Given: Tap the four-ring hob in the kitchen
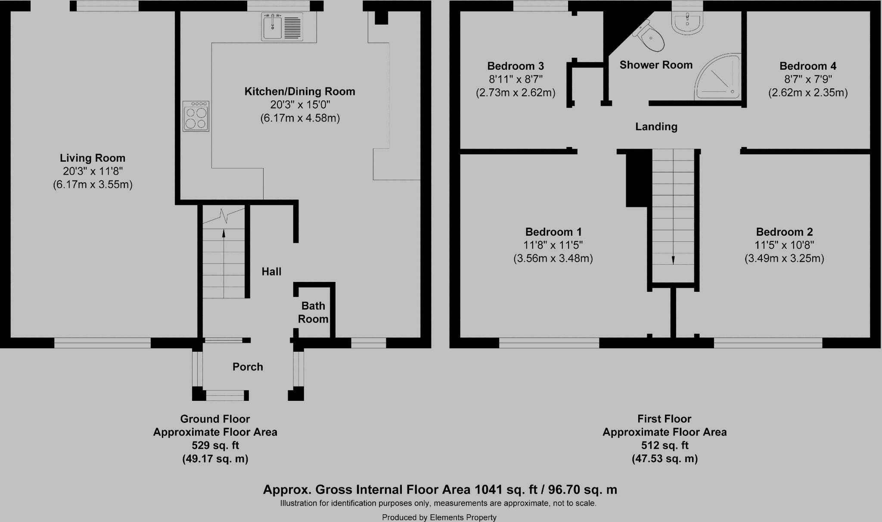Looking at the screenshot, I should click(x=196, y=116).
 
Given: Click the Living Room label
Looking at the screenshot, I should click(x=93, y=158).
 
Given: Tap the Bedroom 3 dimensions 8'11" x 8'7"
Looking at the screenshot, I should click(x=516, y=79).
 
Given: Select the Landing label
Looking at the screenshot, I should click(x=656, y=127).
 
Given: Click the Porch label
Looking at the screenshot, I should click(x=248, y=367).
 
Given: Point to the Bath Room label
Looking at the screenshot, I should click(x=313, y=313).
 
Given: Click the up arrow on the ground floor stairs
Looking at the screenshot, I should click(x=224, y=234).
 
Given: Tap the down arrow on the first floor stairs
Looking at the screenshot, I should click(x=673, y=259).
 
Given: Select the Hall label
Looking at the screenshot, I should click(x=271, y=272).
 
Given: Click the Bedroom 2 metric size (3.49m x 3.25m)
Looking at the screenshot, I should click(x=784, y=259).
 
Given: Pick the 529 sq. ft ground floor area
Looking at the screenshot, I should click(x=215, y=445).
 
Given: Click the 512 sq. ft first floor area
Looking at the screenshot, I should click(x=665, y=445).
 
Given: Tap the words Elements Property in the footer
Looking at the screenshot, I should click(x=463, y=517).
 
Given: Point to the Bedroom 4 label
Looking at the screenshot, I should click(x=808, y=66).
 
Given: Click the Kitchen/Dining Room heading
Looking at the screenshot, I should click(x=300, y=91).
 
